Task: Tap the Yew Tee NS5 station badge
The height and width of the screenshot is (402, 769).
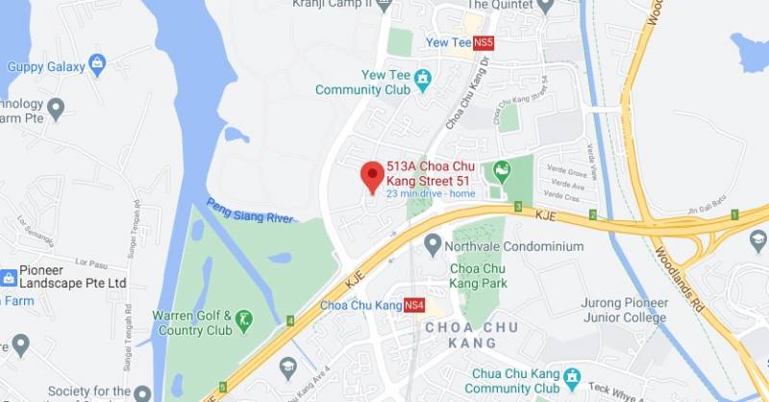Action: click(484, 42)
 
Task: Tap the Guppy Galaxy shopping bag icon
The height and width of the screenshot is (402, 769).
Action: click(96, 65)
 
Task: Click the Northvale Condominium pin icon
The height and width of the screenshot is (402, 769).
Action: click(433, 245)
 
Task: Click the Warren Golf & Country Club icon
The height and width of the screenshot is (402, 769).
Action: click(245, 317)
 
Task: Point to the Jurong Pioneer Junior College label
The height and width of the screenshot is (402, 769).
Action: click(623, 310)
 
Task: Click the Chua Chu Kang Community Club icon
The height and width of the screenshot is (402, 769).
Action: click(572, 375)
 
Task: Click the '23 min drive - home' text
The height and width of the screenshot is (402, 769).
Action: click(431, 193)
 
